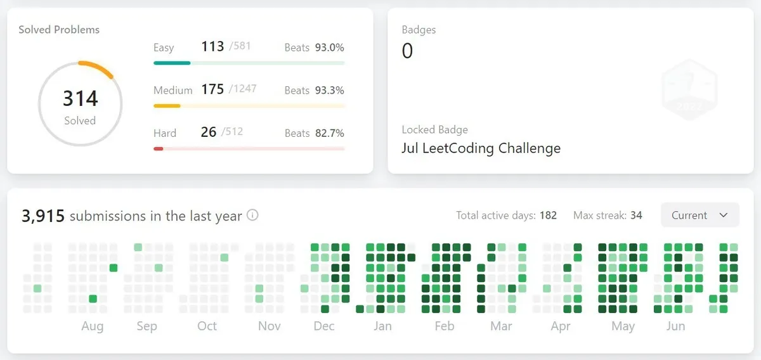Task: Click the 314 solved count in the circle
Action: (x=81, y=98)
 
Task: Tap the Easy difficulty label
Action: (x=164, y=48)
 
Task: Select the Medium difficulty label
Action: (x=172, y=90)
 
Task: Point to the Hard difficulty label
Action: (x=165, y=133)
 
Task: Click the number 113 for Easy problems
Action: (x=212, y=46)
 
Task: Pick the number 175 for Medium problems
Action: (x=212, y=89)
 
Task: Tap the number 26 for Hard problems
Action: (x=209, y=132)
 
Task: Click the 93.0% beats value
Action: (x=330, y=48)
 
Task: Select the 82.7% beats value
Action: (x=330, y=133)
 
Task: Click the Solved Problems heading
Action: (x=59, y=30)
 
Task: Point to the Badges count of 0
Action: (x=407, y=51)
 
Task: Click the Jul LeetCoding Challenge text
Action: (x=481, y=148)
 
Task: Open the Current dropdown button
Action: (x=699, y=215)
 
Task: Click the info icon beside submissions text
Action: (x=252, y=215)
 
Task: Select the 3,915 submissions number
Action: (x=43, y=216)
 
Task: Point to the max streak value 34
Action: (x=636, y=215)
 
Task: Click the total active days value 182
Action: (x=548, y=215)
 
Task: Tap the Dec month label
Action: (x=324, y=326)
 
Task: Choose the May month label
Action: (x=623, y=326)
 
